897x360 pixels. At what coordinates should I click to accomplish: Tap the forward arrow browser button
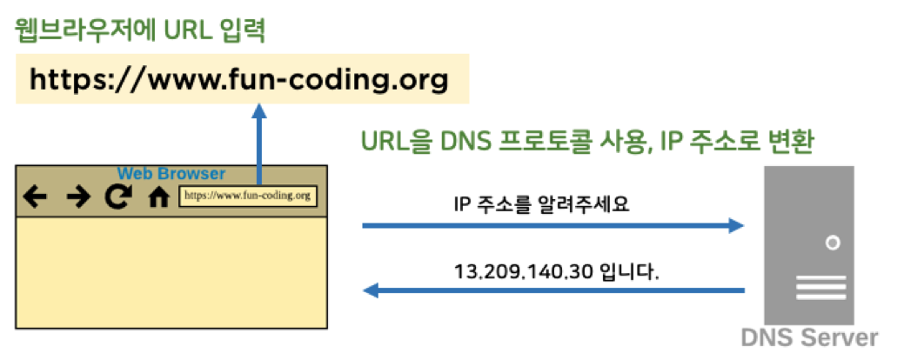tap(77, 197)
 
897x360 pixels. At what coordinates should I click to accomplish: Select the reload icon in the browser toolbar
tap(116, 197)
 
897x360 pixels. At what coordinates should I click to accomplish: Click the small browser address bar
tap(247, 196)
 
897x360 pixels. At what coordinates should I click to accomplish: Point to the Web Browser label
tap(171, 173)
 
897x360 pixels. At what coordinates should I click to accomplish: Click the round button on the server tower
tap(833, 243)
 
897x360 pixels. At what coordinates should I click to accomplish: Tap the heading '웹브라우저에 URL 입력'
tap(139, 32)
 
